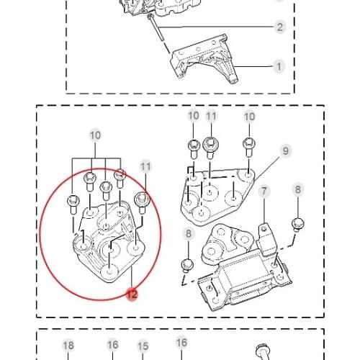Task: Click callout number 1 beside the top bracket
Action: (x=279, y=67)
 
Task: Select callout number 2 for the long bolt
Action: (x=279, y=28)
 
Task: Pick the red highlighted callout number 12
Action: (x=131, y=294)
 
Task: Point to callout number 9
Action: (x=286, y=150)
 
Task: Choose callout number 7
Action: (x=264, y=191)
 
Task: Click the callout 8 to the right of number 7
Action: (x=298, y=190)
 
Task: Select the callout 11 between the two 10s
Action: (x=211, y=117)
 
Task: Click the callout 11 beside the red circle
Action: (x=146, y=166)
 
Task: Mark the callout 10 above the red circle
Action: (x=95, y=135)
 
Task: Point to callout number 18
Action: (x=68, y=345)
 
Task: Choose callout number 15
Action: (x=143, y=346)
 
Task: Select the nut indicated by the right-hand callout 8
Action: (x=297, y=224)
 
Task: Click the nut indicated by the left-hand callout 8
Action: (x=186, y=264)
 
